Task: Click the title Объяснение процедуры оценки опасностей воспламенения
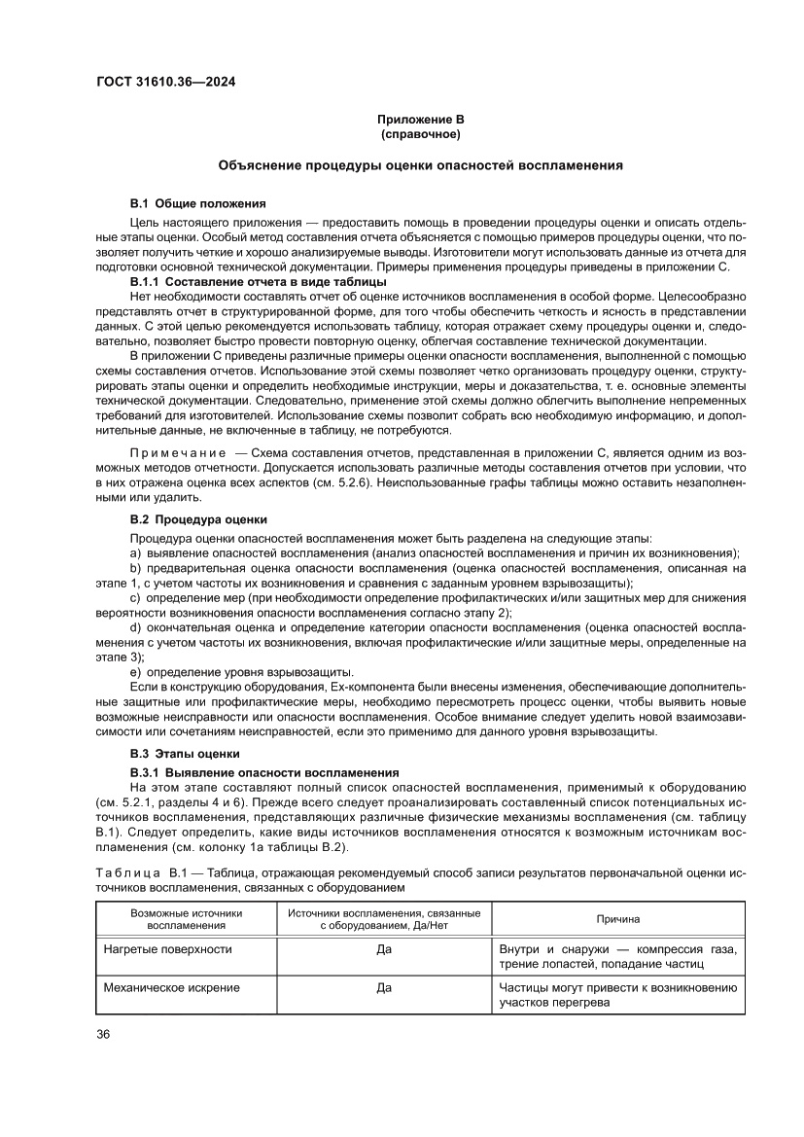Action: pos(420,166)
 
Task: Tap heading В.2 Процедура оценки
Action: pos(198,519)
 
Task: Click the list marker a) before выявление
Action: pos(136,552)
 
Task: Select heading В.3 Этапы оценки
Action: pos(185,754)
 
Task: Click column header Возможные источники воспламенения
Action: pos(186,919)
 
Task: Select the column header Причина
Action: pos(618,919)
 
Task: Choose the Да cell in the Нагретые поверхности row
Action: pos(384,949)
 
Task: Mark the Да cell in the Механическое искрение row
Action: pos(384,988)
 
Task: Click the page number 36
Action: pos(103,1033)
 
